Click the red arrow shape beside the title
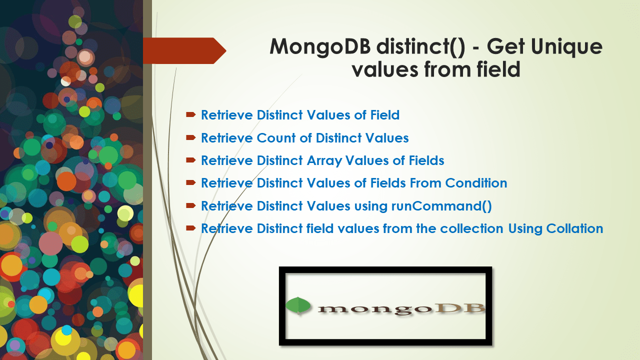click(x=184, y=50)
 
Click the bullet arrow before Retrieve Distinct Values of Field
click(x=190, y=115)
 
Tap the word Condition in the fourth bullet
click(x=476, y=183)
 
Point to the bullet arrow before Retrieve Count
click(x=190, y=138)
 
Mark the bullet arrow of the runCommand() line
click(x=190, y=206)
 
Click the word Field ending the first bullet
click(x=384, y=115)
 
